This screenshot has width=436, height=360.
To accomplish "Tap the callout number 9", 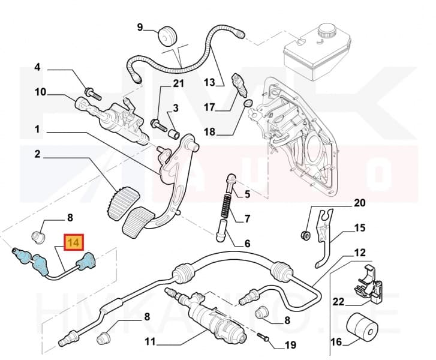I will point(140,26).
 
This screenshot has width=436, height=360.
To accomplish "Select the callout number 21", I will point(178,84).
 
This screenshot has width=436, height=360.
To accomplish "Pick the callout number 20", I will point(359,203).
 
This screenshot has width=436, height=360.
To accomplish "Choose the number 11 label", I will point(149,343).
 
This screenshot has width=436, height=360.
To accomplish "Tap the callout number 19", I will point(290,345).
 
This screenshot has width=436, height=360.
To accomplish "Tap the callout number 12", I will point(359,253).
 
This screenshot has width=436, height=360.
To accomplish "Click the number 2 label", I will point(37,154).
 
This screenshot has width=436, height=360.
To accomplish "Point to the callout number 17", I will point(209,108).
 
